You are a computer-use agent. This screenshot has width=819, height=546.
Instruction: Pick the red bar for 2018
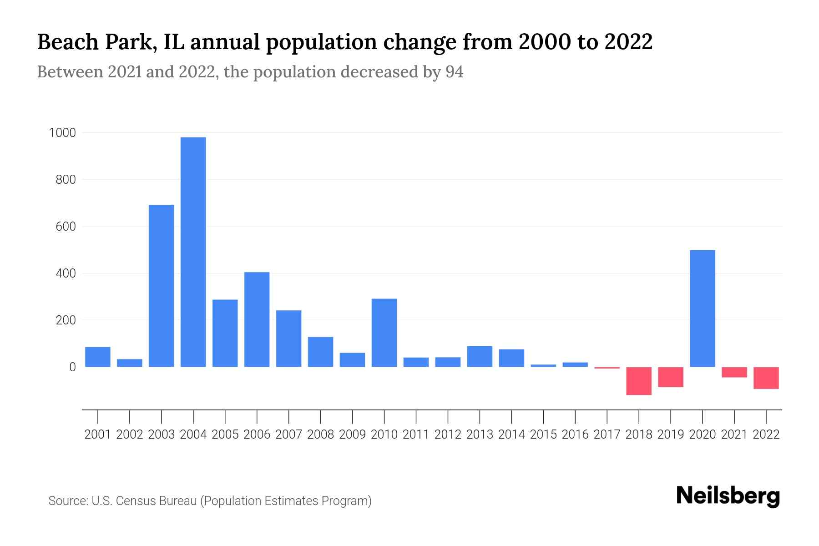click(x=638, y=381)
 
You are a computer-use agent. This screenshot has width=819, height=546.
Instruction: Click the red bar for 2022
click(x=766, y=378)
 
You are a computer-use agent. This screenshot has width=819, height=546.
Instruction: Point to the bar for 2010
click(x=384, y=333)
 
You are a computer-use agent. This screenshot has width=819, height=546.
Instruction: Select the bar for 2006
click(x=257, y=319)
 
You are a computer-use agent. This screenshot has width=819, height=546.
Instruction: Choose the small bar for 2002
click(x=129, y=363)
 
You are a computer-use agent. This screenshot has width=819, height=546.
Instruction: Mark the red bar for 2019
click(x=670, y=377)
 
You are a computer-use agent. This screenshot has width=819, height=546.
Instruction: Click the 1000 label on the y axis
click(x=63, y=133)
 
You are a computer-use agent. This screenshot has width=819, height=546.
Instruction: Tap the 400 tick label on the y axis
click(x=66, y=273)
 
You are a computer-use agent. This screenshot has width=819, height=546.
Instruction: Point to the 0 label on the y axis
click(x=72, y=367)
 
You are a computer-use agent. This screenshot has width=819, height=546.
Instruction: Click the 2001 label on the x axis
click(x=97, y=435)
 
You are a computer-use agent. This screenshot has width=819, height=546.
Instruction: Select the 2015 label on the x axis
click(x=543, y=435)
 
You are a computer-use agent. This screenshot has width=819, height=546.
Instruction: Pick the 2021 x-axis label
click(x=734, y=435)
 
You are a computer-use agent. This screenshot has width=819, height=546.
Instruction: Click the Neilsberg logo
click(x=728, y=496)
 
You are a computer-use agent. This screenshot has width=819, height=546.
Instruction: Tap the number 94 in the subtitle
click(x=454, y=72)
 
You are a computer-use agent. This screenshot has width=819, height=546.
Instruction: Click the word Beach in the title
click(x=68, y=42)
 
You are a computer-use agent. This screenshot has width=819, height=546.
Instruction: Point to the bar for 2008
click(x=320, y=352)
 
